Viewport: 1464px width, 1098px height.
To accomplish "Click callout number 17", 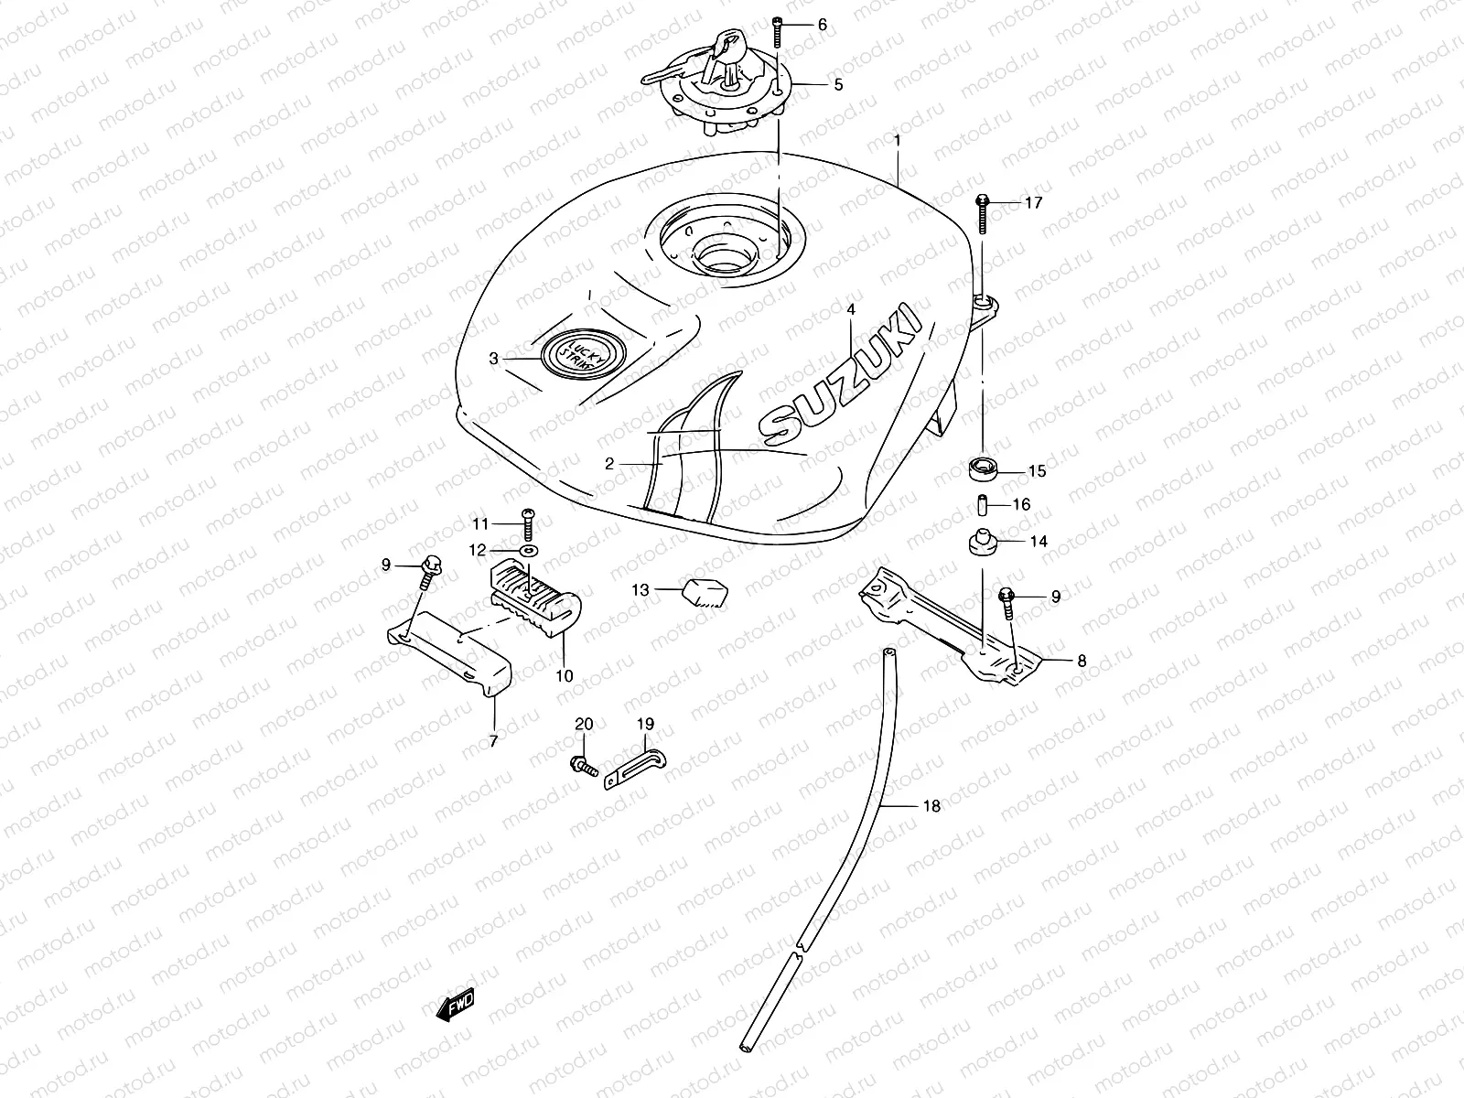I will pyautogui.click(x=1032, y=203).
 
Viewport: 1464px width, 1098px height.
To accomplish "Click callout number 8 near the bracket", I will pyautogui.click(x=1082, y=660).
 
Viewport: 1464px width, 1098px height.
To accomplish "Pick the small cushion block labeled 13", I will pyautogui.click(x=702, y=592).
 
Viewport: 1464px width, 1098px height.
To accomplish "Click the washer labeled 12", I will pyautogui.click(x=529, y=550).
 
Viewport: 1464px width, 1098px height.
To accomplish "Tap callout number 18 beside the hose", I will pyautogui.click(x=931, y=806).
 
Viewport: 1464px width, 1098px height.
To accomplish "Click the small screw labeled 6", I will pyautogui.click(x=778, y=32).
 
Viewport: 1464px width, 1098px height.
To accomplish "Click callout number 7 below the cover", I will pyautogui.click(x=493, y=741).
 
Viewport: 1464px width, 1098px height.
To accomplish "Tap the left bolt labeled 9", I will pyautogui.click(x=430, y=570).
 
